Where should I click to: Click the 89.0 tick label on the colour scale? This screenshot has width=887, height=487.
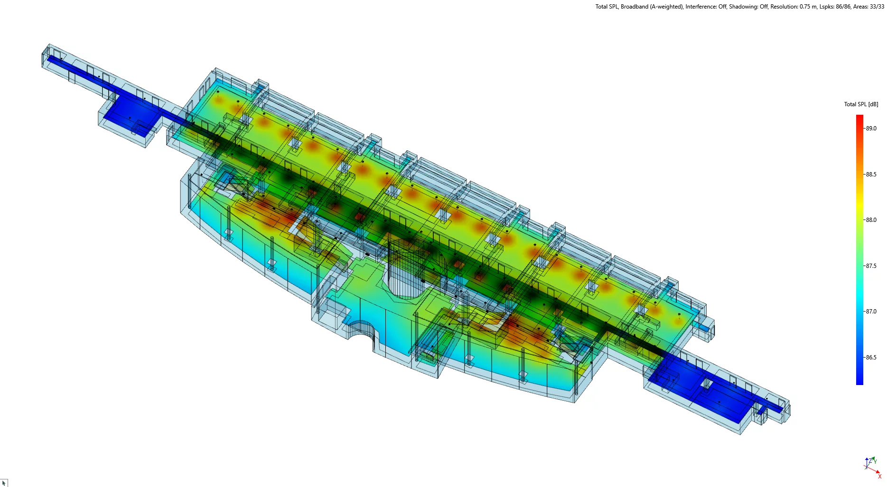click(871, 129)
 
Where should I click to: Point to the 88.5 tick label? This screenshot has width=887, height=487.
click(871, 175)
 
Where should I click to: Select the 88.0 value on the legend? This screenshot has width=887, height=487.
click(871, 220)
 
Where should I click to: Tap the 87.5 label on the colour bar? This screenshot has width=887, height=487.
click(871, 266)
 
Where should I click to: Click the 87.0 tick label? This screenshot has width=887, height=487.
click(871, 312)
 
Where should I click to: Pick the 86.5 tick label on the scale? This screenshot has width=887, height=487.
click(871, 358)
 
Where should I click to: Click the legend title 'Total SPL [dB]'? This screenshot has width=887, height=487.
click(861, 104)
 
